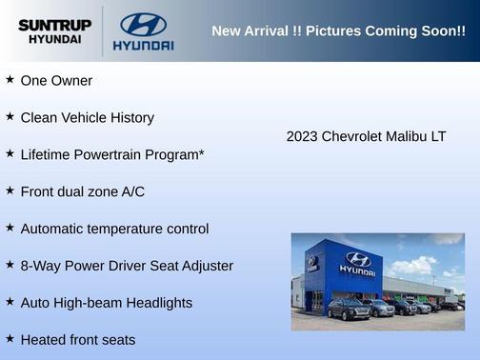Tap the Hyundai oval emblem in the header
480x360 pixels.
(143, 24)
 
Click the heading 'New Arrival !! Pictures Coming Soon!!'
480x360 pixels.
(338, 31)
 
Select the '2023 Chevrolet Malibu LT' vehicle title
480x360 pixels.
(366, 136)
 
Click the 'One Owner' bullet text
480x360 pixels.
(56, 81)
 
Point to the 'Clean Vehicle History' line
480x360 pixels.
(87, 118)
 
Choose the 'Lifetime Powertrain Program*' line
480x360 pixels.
(112, 154)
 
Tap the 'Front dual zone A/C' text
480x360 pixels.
(82, 191)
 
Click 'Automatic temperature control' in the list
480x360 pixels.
(114, 229)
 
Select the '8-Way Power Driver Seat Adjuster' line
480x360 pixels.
(127, 266)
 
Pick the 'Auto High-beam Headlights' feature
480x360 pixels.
(106, 303)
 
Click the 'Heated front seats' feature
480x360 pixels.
(77, 340)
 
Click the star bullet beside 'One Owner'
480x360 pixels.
(10, 80)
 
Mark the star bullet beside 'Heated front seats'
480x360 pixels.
(10, 339)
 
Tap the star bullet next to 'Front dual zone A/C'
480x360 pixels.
(10, 190)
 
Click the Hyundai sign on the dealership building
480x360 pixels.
(357, 262)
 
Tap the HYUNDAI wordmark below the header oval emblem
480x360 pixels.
(143, 45)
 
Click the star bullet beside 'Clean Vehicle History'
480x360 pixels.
(10, 117)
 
